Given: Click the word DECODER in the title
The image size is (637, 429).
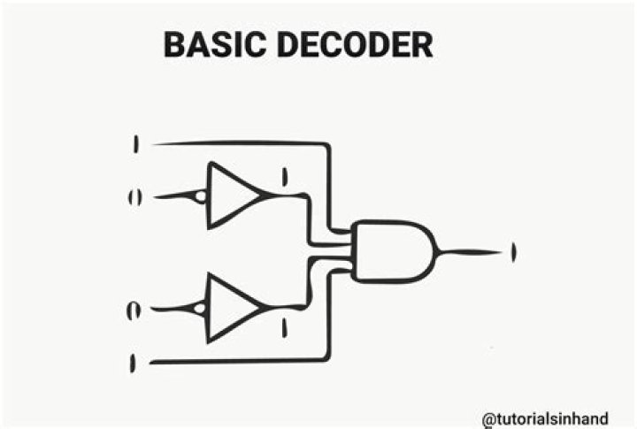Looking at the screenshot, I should pos(354,43).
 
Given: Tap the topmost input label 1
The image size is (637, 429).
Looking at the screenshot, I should pos(135,143).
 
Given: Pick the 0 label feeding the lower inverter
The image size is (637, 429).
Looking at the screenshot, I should pos(134,310).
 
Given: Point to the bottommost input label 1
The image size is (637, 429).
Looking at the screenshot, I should pos(134,363).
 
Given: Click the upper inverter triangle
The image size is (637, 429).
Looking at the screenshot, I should pos(232,195).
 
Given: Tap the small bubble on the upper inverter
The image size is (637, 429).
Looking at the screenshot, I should pos(202,195).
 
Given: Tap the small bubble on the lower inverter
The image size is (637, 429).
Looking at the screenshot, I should pos(202,308).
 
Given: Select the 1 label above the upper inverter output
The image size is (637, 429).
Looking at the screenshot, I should pos(284,177).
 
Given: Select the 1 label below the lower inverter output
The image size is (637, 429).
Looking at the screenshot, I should pos(284,329).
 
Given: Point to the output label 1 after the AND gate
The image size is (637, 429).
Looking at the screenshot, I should pos(513,252).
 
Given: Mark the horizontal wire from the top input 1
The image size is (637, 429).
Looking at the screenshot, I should pos(239,142).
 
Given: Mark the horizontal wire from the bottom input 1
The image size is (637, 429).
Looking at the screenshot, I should pos(239,362).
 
